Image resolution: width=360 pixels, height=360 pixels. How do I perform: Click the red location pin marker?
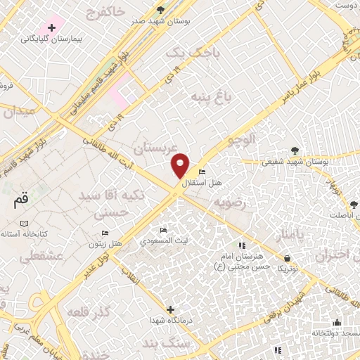pyautogui.click(x=181, y=165)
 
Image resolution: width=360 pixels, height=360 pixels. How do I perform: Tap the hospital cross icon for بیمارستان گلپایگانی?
pyautogui.click(x=51, y=27)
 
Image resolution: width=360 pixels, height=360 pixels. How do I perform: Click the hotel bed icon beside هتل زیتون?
pyautogui.click(x=105, y=233)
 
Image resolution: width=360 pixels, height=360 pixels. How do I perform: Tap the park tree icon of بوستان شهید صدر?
pyautogui.click(x=161, y=10)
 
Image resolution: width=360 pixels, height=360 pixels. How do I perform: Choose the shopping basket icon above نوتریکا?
pyautogui.click(x=287, y=257)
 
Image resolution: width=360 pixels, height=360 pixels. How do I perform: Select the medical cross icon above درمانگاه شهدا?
pyautogui.click(x=170, y=309)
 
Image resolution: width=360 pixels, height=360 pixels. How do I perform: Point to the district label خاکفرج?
pyautogui.click(x=107, y=11)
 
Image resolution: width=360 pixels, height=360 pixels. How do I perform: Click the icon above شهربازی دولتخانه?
pyautogui.click(x=337, y=323)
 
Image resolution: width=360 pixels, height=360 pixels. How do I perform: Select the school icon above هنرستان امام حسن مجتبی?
pyautogui.click(x=242, y=245)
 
